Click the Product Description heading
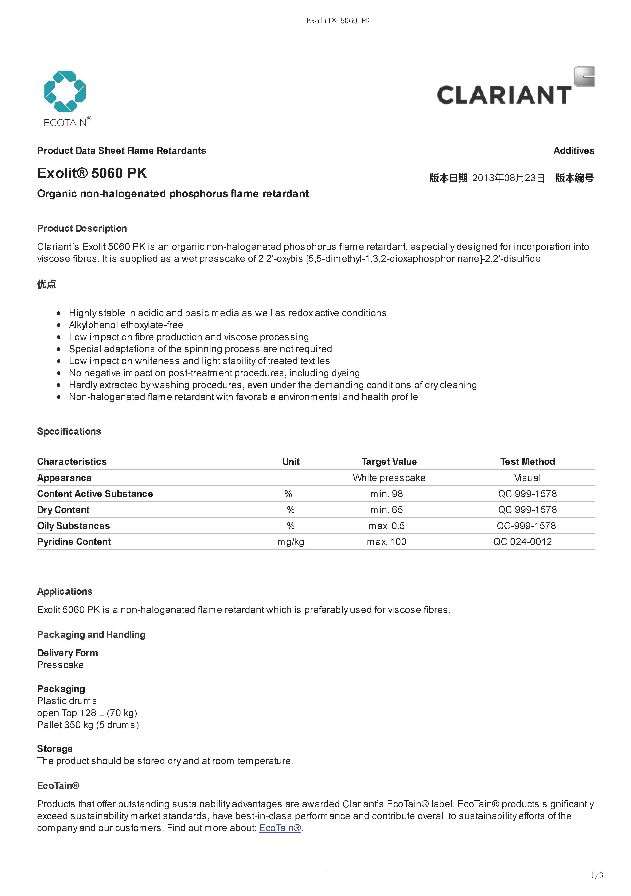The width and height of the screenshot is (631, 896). click(x=82, y=228)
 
